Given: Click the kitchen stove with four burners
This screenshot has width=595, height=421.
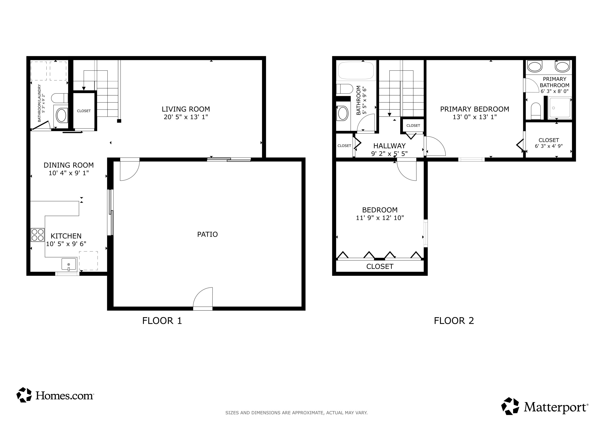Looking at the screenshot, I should (x=37, y=235).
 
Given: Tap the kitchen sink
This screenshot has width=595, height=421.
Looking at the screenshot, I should (x=69, y=264).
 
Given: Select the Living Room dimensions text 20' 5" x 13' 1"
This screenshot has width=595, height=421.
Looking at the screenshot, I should (x=186, y=117).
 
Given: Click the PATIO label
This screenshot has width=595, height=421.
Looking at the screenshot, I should (x=207, y=234).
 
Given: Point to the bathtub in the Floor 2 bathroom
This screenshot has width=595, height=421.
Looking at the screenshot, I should (x=356, y=70).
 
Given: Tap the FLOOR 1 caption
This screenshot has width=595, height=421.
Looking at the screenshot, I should (x=162, y=321).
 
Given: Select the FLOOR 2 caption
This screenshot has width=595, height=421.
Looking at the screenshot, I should (x=454, y=321).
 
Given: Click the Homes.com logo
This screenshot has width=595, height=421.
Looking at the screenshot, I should (x=55, y=395).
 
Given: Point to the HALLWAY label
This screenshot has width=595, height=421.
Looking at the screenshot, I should (x=389, y=146).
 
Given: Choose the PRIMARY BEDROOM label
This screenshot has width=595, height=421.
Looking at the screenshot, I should (x=474, y=109).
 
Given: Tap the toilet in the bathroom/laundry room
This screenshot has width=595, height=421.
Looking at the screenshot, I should (x=59, y=98).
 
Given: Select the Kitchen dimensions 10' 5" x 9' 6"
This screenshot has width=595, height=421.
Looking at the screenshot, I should (x=66, y=244).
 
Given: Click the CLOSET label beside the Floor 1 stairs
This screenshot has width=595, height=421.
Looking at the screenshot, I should (x=84, y=111).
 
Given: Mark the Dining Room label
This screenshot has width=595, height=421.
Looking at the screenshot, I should (x=69, y=165).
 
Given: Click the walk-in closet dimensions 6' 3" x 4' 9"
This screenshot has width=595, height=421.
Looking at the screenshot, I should (x=549, y=146).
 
